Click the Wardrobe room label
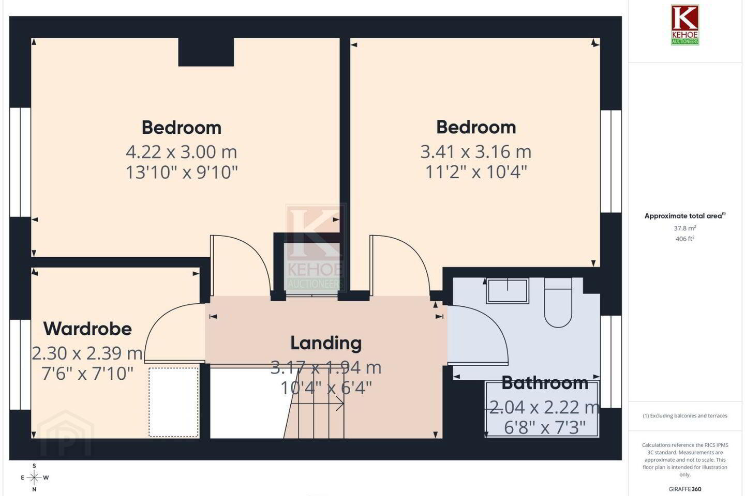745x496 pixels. (x=87, y=329)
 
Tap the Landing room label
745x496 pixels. (x=326, y=343)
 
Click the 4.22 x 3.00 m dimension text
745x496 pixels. (x=181, y=152)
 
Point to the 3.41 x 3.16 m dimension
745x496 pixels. (x=476, y=152)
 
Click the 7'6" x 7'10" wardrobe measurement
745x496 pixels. (x=87, y=374)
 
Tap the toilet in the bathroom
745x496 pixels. (x=558, y=303)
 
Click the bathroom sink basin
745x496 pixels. (x=508, y=291)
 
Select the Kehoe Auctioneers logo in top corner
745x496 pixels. (x=685, y=25)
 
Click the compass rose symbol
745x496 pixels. (x=34, y=478)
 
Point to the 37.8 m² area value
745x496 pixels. (x=685, y=228)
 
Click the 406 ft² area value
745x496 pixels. (x=685, y=239)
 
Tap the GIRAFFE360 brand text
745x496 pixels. (x=685, y=489)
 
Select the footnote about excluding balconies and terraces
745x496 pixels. (x=685, y=415)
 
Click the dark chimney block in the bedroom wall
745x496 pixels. (x=206, y=52)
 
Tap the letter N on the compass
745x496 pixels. (x=34, y=489)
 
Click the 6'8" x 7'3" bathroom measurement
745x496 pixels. (x=545, y=428)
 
